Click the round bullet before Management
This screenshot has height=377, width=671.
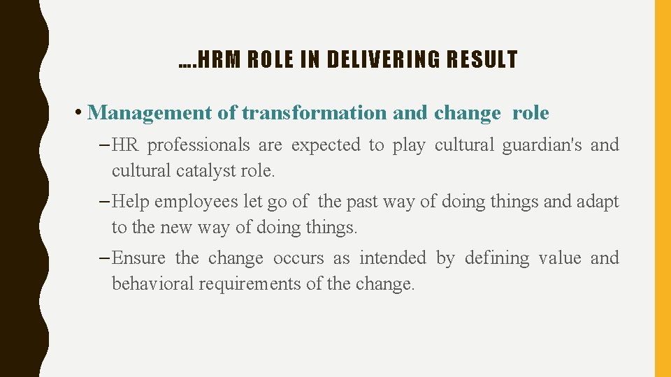pyautogui.click(x=80, y=113)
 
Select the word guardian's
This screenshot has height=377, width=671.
pyautogui.click(x=507, y=145)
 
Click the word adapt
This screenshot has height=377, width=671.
pyautogui.click(x=598, y=202)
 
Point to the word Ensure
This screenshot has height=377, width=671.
pyautogui.click(x=138, y=258)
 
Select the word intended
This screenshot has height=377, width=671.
pyautogui.click(x=392, y=258)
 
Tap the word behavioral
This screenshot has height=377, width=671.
pyautogui.click(x=153, y=284)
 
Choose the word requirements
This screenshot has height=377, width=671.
pyautogui.click(x=252, y=284)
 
